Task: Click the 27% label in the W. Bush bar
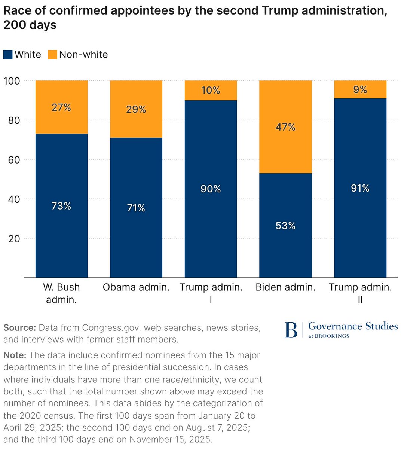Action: pos(61,107)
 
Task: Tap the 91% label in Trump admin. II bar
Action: pos(360,188)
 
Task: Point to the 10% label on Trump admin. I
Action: pos(211,91)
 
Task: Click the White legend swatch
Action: pos(8,55)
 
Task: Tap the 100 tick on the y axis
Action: pos(11,81)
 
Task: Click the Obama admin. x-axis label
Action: pos(136,287)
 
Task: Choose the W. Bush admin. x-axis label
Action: pos(61,293)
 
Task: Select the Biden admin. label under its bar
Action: pos(285,287)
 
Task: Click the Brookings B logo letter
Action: pos(291,330)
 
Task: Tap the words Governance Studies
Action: pos(353,326)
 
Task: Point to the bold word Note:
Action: pos(15,355)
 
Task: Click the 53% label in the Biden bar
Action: pos(285,226)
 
